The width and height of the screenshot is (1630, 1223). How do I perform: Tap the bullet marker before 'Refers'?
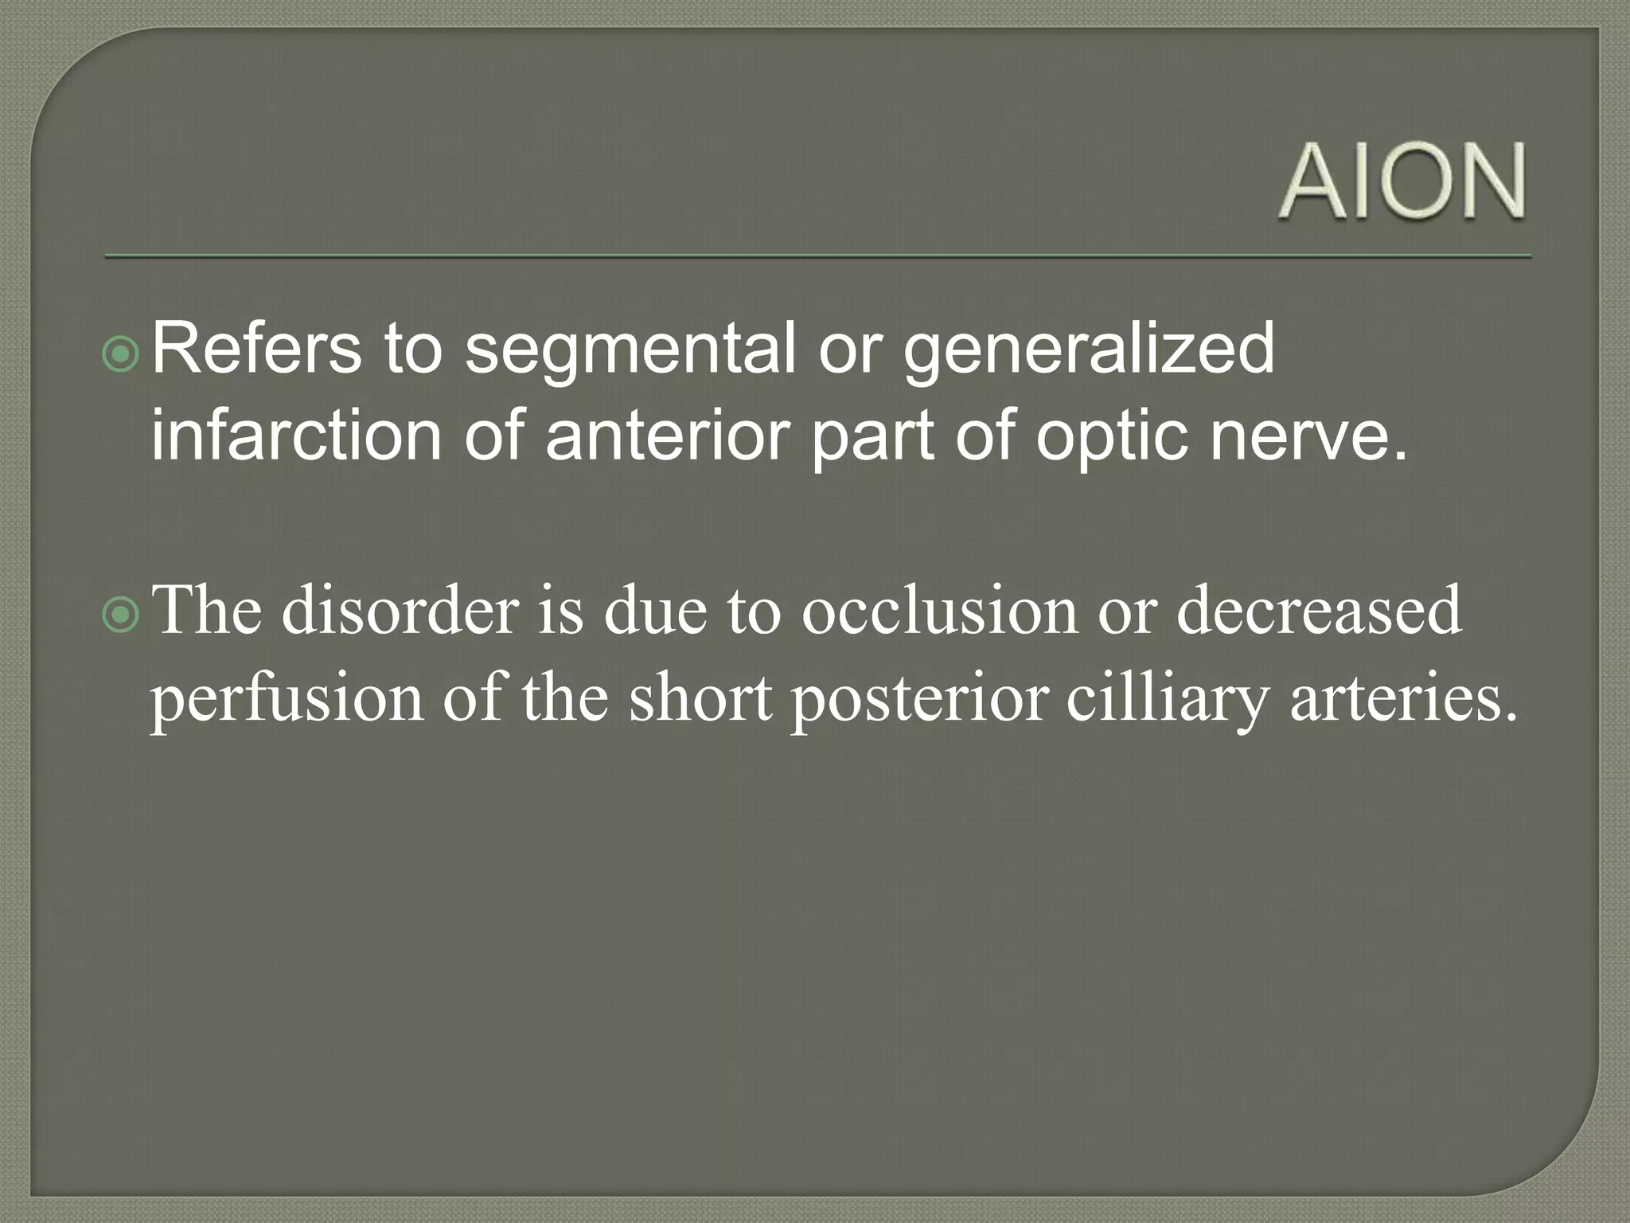(122, 355)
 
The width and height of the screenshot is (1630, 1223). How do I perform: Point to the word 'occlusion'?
(939, 611)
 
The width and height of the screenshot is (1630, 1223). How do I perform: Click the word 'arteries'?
(1403, 697)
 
